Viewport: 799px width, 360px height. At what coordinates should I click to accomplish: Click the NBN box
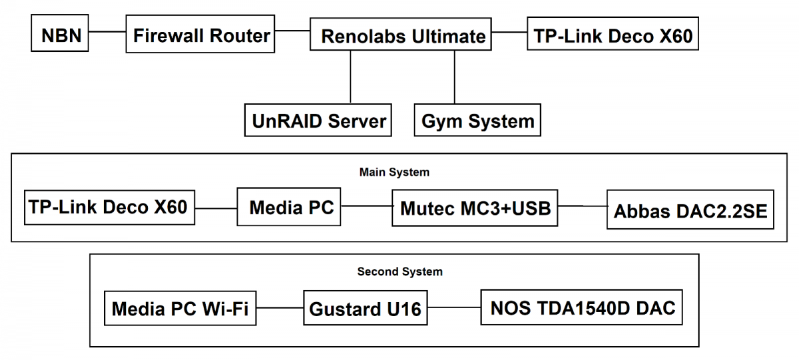click(61, 35)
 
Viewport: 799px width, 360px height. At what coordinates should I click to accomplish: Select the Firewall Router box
click(201, 35)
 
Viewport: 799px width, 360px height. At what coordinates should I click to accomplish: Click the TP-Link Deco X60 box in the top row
click(613, 35)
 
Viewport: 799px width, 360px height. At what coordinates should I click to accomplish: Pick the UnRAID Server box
click(318, 120)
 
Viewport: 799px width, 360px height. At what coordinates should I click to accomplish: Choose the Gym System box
click(477, 120)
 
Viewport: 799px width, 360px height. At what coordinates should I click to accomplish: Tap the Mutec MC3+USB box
click(475, 208)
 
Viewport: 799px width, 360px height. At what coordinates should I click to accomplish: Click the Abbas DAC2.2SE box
click(690, 211)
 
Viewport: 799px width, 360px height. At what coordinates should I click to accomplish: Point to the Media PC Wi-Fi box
click(180, 308)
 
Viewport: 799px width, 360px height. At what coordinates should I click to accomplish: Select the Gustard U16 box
click(366, 309)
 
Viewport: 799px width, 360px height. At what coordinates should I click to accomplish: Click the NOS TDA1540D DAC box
click(582, 307)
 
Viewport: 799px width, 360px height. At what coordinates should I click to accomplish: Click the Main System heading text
click(394, 172)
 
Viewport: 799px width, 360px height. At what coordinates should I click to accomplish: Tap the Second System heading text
click(400, 271)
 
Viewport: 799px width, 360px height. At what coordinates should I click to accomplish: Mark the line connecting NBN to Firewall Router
click(107, 31)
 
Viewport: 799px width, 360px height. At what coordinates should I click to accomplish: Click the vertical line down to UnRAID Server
click(350, 77)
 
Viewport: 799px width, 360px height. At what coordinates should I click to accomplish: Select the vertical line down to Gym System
click(455, 77)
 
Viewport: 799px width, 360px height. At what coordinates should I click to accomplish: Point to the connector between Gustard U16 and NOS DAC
click(455, 308)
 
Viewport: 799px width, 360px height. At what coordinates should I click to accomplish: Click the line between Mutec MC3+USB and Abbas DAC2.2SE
click(582, 206)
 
